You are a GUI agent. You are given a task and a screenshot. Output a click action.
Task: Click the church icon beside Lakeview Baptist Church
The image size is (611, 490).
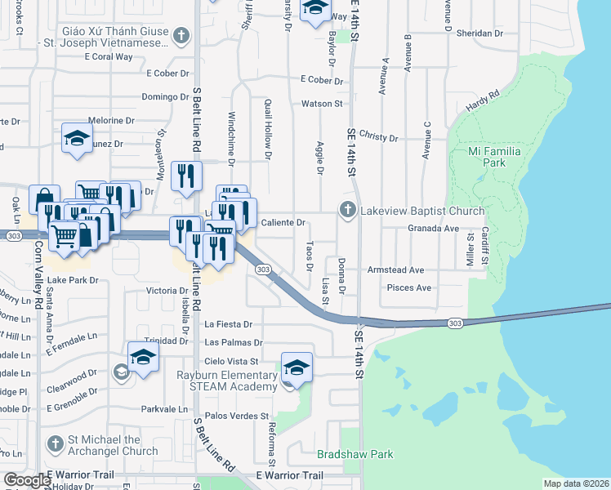[x=348, y=210]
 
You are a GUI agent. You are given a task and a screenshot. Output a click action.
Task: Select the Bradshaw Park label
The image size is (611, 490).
[x=355, y=454]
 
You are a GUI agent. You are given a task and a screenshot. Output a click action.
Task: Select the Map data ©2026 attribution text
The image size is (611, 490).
[x=575, y=483]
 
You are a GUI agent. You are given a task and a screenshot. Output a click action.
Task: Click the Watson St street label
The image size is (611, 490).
[x=322, y=104]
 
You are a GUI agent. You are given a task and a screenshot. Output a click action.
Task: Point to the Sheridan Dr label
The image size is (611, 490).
[x=480, y=33]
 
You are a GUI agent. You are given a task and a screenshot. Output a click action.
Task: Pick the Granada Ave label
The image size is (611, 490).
[x=435, y=229]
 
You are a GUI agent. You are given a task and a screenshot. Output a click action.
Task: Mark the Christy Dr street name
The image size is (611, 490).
[x=377, y=137]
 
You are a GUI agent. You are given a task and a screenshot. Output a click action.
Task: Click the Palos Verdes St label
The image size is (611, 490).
[x=242, y=416]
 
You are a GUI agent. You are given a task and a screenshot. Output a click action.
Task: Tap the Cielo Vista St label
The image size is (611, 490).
[x=232, y=361]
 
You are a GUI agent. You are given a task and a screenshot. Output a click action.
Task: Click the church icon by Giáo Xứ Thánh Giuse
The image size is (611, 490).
[x=181, y=37]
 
